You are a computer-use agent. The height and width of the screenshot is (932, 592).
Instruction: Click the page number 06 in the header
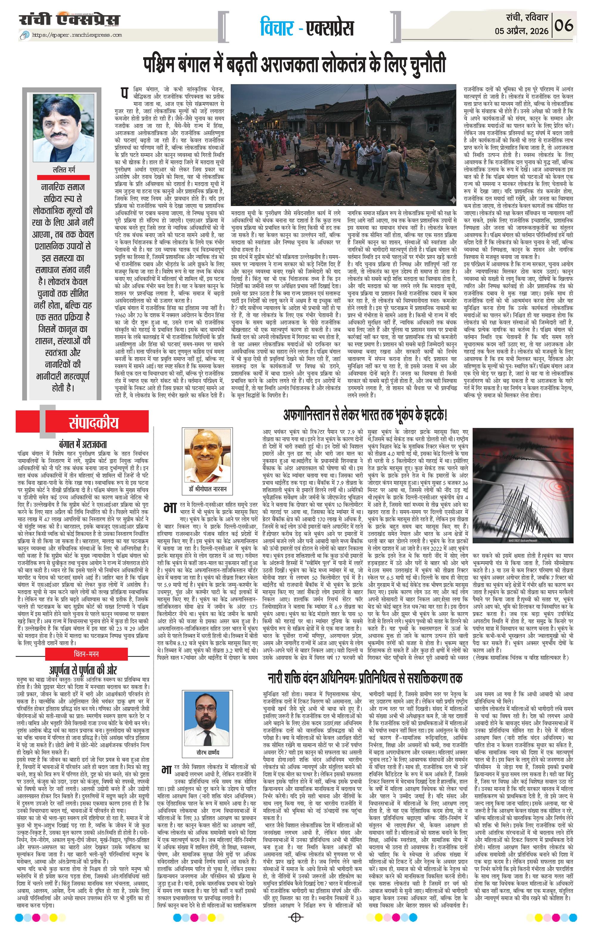tap(571, 26)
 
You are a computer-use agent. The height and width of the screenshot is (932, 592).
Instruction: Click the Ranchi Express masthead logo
tap(70, 19)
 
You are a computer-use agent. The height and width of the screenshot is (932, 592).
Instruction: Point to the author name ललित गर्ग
tap(64, 169)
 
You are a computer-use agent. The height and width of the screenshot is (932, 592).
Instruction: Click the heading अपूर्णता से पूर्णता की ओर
tap(83, 670)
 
